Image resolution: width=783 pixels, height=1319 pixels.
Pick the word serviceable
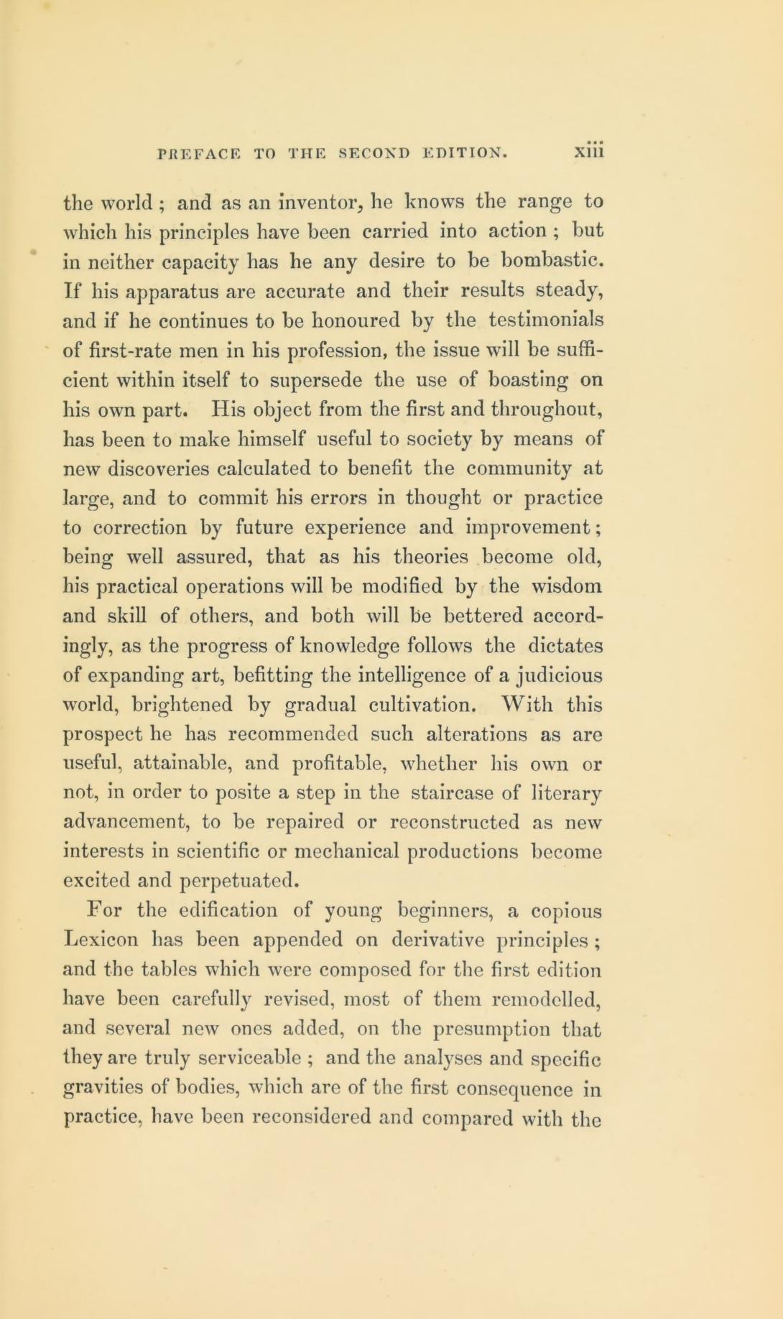point(237,1059)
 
